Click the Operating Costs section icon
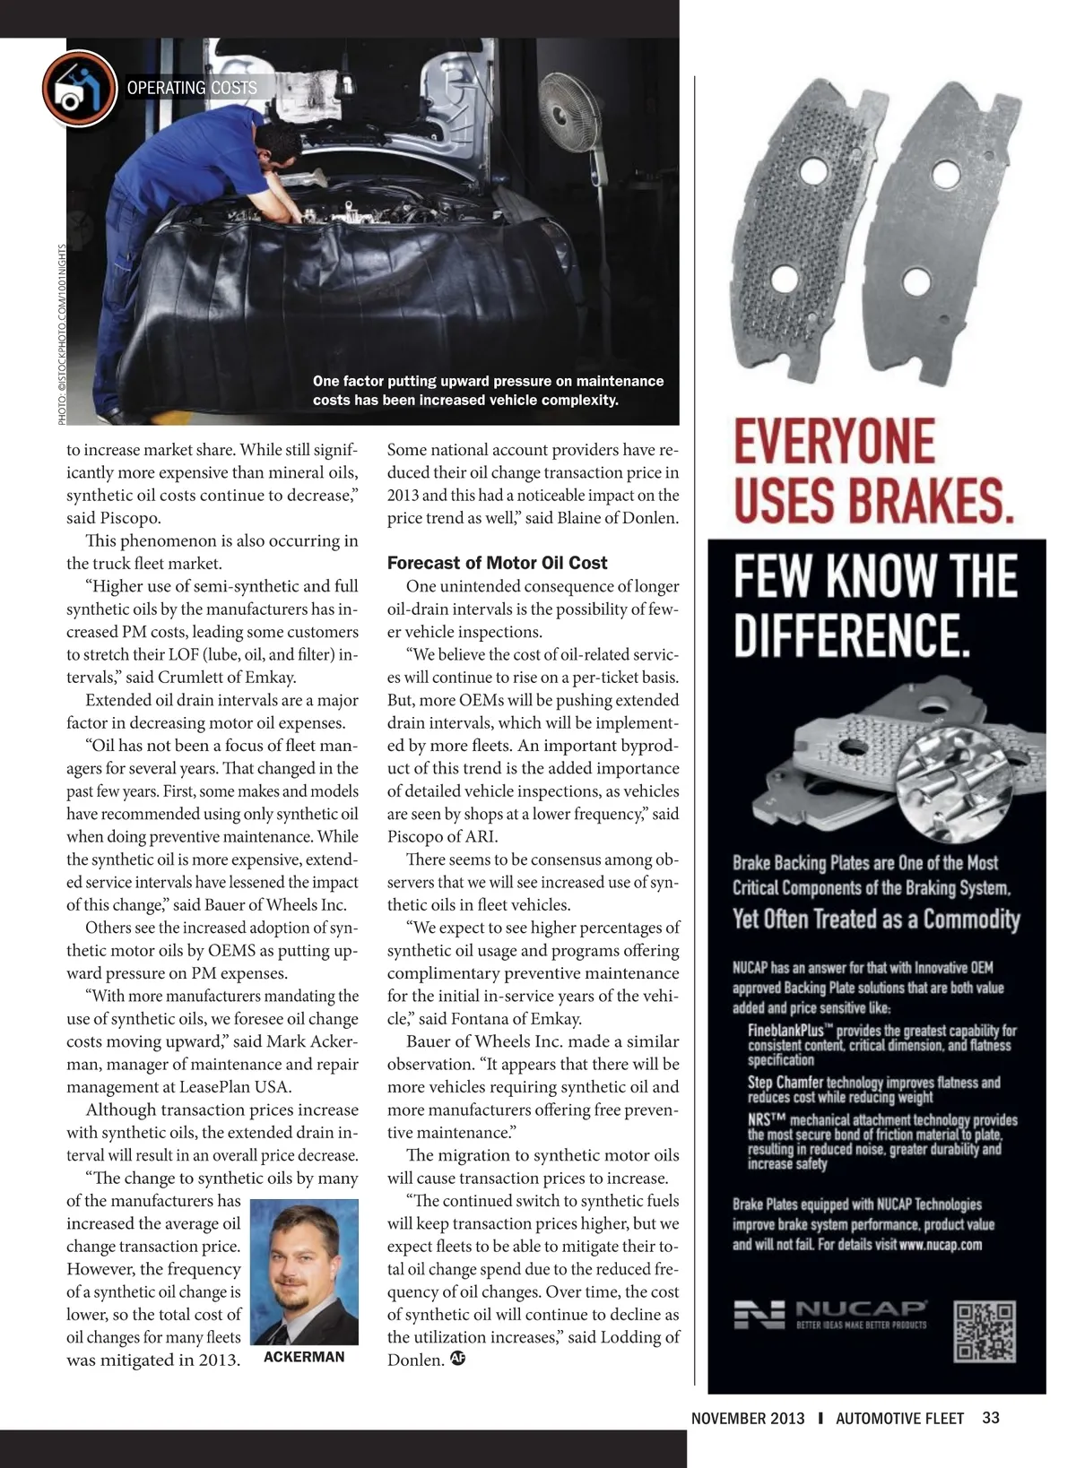coord(79,88)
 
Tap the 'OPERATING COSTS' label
coord(192,88)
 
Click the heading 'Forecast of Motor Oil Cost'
coord(497,563)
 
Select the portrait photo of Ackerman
coord(304,1272)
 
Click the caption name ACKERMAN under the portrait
coord(304,1357)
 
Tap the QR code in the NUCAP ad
coord(985,1331)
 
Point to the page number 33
coord(991,1418)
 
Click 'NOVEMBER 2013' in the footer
coord(748,1419)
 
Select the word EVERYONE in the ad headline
coord(834,442)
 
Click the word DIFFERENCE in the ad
coord(852,634)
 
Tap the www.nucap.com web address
coord(941,1244)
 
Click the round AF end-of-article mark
coord(458,1358)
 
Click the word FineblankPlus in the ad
coord(785,1031)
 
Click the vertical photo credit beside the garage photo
coord(62,333)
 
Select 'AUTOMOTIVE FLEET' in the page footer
coord(899,1419)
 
